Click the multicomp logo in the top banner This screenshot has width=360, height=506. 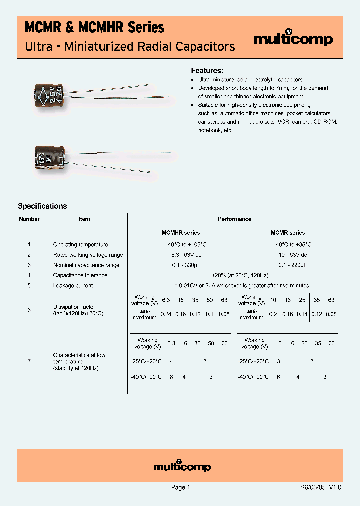(293, 39)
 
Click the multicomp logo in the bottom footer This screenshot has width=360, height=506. (182, 466)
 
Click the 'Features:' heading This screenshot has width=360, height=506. (207, 70)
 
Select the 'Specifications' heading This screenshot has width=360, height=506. (42, 206)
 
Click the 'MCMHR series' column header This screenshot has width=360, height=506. (181, 233)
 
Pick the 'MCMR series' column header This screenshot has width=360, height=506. (288, 233)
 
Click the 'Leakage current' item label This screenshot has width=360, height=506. (73, 286)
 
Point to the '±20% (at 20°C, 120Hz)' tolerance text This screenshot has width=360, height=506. (233, 275)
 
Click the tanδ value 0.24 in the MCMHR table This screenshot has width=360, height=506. (165, 314)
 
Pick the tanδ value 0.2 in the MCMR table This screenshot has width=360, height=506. (273, 314)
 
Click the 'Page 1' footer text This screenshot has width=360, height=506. (180, 488)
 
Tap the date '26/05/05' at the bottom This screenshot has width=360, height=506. (313, 488)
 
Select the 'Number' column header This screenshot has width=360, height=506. (29, 219)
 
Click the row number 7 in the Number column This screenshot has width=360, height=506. (29, 361)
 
